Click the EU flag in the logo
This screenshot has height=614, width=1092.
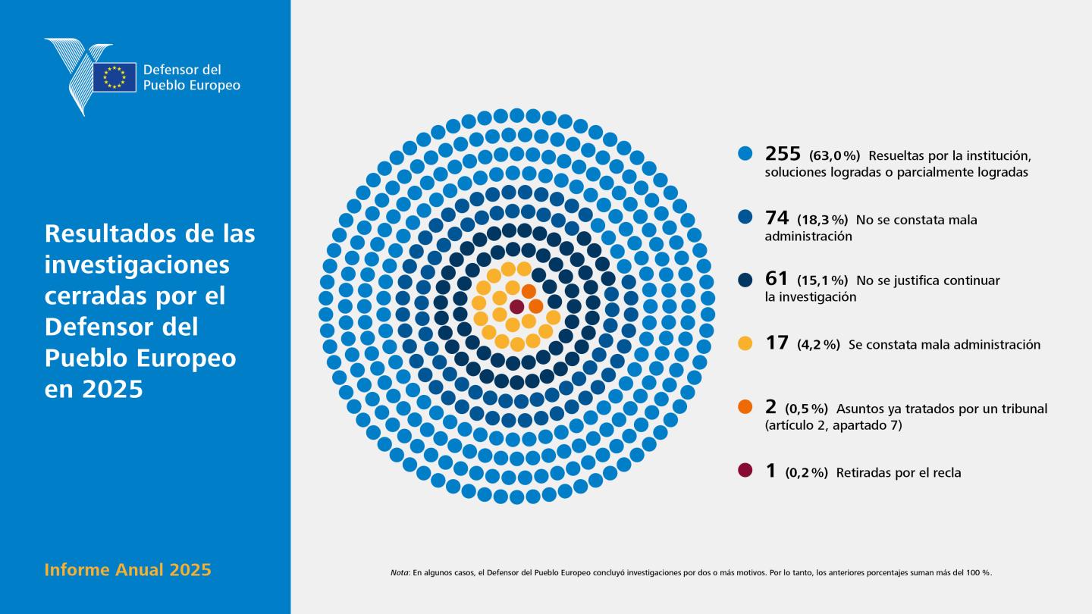pyautogui.click(x=115, y=77)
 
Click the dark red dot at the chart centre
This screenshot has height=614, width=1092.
pyautogui.click(x=516, y=307)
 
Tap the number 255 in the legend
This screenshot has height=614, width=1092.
pyautogui.click(x=783, y=153)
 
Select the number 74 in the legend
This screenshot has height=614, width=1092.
pyautogui.click(x=777, y=218)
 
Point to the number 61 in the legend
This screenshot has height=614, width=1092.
pyautogui.click(x=776, y=278)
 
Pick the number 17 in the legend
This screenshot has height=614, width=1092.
pyautogui.click(x=777, y=343)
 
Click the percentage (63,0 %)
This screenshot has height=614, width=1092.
pyautogui.click(x=835, y=156)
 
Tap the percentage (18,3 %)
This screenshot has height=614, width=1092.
pyautogui.click(x=822, y=221)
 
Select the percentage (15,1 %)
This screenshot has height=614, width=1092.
pyautogui.click(x=822, y=280)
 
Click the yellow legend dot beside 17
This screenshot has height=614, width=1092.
pyautogui.click(x=745, y=343)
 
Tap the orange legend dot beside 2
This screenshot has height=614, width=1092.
pyautogui.click(x=745, y=407)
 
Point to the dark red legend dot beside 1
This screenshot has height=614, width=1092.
pyautogui.click(x=745, y=470)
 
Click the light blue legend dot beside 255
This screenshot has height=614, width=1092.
pyautogui.click(x=745, y=154)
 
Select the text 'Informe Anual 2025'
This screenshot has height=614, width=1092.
pyautogui.click(x=127, y=570)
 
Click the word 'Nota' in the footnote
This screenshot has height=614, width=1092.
pyautogui.click(x=399, y=572)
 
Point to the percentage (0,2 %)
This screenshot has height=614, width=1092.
pyautogui.click(x=806, y=473)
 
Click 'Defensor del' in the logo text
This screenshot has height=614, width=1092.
pyautogui.click(x=182, y=70)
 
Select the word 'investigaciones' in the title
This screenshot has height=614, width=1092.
pyautogui.click(x=137, y=265)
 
